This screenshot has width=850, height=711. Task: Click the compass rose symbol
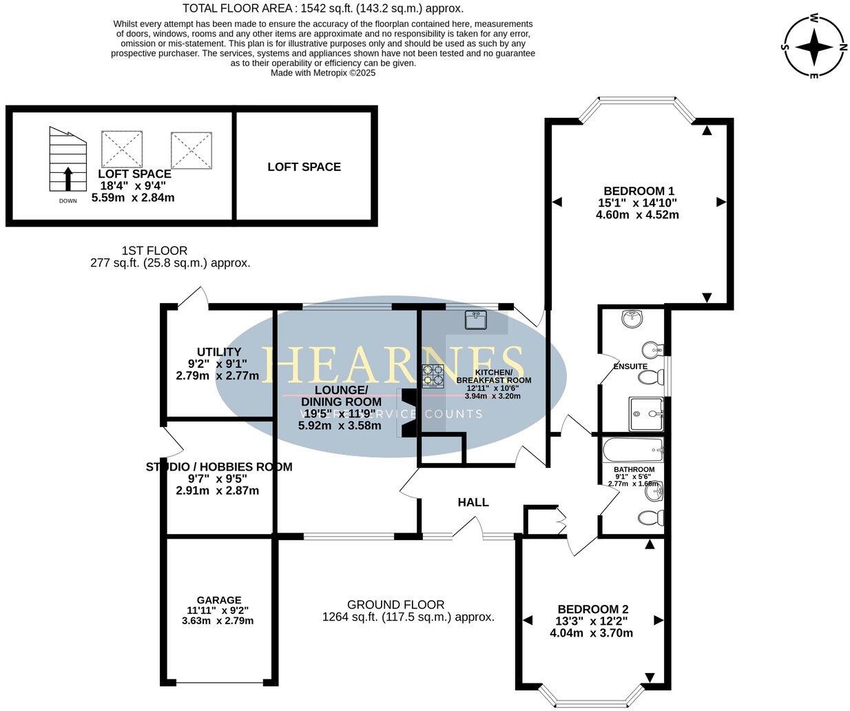point(815,47)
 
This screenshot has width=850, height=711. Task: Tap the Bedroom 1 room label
point(638,191)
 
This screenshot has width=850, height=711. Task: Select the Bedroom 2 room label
point(592,609)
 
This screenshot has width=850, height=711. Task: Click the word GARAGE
point(218,600)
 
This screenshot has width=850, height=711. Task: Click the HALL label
point(473,502)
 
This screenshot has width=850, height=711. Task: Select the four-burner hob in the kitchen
point(433,375)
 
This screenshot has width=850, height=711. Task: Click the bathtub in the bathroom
point(632,451)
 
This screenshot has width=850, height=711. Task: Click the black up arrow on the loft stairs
point(68,178)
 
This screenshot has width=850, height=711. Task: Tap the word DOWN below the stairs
point(68,200)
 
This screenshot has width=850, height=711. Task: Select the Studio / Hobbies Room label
point(219,467)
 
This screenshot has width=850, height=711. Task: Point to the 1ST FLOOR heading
point(154,251)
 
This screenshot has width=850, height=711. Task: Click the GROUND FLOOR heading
point(395,604)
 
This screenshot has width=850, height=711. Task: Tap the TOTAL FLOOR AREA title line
point(323,8)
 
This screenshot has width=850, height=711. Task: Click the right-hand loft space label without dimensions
point(304,167)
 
